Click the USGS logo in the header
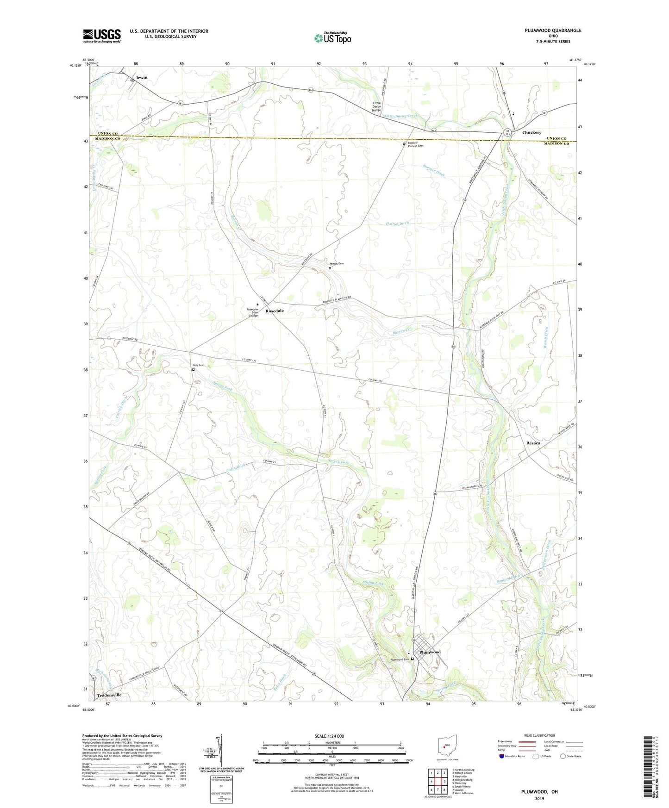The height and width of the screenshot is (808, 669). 102,36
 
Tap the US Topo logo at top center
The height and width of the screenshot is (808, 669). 332,38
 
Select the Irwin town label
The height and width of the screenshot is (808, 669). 142,77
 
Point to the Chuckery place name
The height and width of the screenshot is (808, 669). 531,132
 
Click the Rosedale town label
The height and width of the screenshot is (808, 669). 275,311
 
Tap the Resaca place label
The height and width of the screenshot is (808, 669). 533,443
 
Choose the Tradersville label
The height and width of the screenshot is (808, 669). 109,695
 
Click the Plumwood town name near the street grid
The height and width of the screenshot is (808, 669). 430,652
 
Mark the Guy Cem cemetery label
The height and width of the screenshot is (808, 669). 199,365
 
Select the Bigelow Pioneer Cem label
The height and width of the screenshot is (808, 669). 415,144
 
